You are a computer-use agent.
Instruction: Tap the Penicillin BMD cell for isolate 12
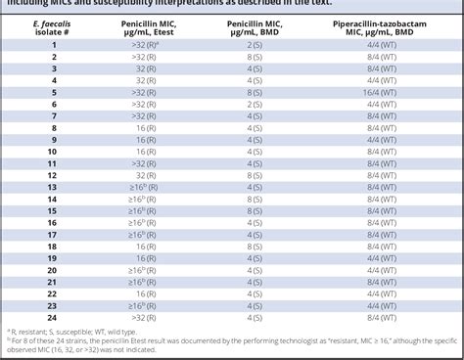(x=254, y=175)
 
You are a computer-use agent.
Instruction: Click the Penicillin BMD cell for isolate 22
(x=254, y=292)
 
